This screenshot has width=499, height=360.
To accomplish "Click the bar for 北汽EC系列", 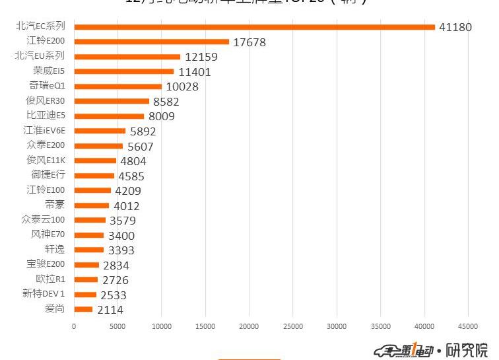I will click(254, 27).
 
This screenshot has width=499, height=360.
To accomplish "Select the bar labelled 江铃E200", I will click(151, 42).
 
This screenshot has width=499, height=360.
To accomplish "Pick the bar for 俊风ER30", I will click(112, 101).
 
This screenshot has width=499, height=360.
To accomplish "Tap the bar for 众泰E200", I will click(98, 146).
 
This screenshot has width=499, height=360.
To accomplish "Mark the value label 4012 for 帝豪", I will click(126, 206).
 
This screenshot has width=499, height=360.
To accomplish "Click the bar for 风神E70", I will click(88, 235).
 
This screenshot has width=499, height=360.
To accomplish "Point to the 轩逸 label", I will click(55, 249).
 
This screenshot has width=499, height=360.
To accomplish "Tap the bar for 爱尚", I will click(83, 309).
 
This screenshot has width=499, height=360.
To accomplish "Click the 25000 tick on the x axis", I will click(293, 326).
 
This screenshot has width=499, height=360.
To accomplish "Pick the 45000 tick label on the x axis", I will click(468, 326).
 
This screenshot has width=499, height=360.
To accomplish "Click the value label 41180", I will click(455, 27).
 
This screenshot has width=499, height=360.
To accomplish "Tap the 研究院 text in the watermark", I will click(467, 349).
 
